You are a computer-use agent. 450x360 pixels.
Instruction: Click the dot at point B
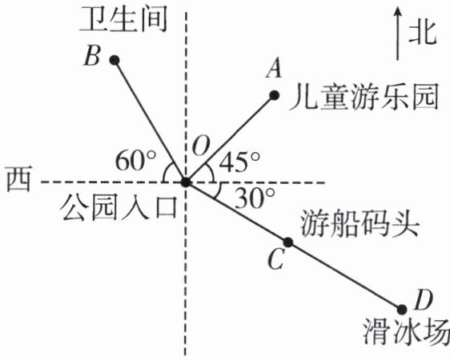pos(115,60)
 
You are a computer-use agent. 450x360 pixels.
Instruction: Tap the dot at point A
pos(275,95)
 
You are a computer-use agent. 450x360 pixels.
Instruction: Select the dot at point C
pos(288,242)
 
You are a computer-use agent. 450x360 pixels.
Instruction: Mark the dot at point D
pos(402,310)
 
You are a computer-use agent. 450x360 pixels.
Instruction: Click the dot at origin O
pos(186,182)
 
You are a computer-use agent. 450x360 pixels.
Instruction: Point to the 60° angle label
pos(135,160)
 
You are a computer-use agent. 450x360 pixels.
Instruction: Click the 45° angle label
pos(239,162)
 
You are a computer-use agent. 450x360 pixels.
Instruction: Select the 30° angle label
pos(255,198)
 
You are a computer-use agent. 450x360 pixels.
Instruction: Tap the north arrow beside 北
pos(397,34)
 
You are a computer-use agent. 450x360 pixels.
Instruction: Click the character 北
pos(423,34)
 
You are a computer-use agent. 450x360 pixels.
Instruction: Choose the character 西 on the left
pos(18,179)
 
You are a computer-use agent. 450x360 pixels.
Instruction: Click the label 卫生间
pos(123,20)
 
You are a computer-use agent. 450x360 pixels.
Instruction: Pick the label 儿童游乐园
pos(364,98)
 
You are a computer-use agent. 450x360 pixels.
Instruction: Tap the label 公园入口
pos(118,209)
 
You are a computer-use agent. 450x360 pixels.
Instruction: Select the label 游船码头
pos(360,225)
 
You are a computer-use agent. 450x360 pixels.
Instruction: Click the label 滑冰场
pos(407,333)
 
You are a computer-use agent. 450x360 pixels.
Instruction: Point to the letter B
pos(92,55)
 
